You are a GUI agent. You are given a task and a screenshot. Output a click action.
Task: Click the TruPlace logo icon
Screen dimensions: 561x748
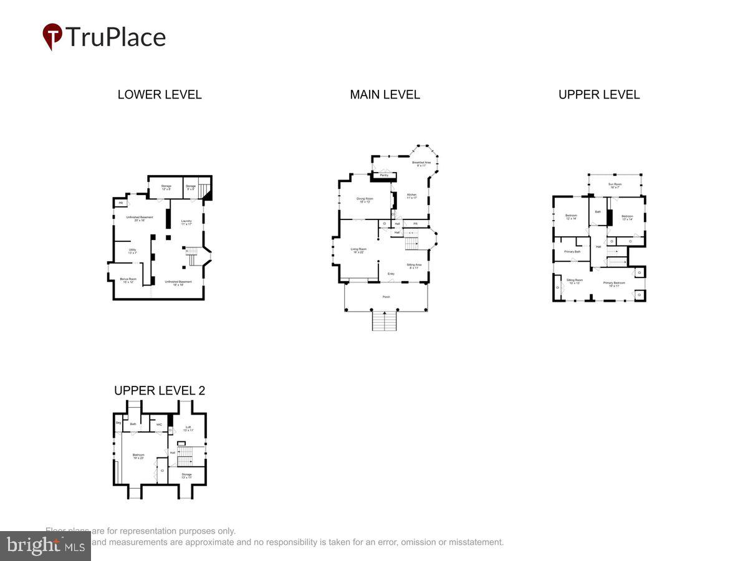[52, 36]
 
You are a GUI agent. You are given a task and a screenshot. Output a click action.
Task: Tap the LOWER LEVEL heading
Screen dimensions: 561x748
[160, 95]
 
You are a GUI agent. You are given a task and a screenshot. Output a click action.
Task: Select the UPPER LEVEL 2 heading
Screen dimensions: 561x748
[160, 391]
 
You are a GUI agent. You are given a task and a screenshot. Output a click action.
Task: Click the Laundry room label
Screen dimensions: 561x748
[186, 222]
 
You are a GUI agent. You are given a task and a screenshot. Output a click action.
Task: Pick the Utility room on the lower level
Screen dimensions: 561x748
[132, 251]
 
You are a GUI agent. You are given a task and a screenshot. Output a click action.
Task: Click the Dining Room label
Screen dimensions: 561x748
[365, 199]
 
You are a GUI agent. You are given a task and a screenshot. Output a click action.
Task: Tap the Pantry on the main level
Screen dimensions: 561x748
[384, 175]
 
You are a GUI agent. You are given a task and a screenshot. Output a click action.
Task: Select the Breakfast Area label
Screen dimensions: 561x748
[421, 163]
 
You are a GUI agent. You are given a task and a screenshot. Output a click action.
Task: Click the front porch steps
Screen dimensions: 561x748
[385, 320]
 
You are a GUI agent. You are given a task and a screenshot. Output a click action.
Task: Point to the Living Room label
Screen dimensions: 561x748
[358, 250]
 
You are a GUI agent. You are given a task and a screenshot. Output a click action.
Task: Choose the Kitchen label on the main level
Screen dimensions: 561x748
[411, 196]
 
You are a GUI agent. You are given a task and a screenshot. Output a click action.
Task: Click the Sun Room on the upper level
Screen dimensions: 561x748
[615, 185]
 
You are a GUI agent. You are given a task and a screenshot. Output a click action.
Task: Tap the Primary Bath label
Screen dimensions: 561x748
[572, 252]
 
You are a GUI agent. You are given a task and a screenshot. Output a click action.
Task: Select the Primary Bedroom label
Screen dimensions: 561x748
[614, 284]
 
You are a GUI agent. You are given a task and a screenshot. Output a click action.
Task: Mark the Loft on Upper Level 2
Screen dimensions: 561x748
[189, 428]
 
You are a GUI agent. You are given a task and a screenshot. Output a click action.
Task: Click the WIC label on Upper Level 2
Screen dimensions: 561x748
[159, 424]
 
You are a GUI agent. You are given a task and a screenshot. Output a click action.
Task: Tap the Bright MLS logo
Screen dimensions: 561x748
[45, 546]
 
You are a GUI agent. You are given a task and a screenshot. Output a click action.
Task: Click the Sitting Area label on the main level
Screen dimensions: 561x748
[415, 266]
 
